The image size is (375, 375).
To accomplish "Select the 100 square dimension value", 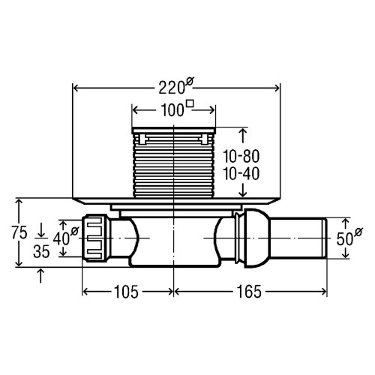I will point(172,109).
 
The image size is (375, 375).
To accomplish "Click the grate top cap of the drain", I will point(174,133).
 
